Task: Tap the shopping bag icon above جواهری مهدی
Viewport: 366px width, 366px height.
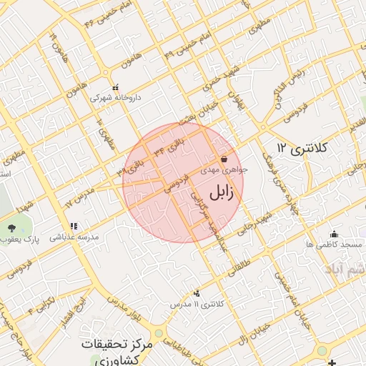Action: (x=224, y=159)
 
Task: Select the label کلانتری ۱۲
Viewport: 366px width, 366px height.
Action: (x=302, y=148)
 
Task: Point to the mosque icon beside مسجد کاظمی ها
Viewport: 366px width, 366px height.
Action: (x=333, y=234)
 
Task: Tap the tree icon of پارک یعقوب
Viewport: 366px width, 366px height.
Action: (x=12, y=228)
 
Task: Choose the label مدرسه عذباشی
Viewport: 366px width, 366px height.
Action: (x=74, y=237)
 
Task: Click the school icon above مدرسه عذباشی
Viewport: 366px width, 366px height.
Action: (x=74, y=226)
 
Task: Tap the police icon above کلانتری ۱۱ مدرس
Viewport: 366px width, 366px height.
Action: (x=197, y=292)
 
